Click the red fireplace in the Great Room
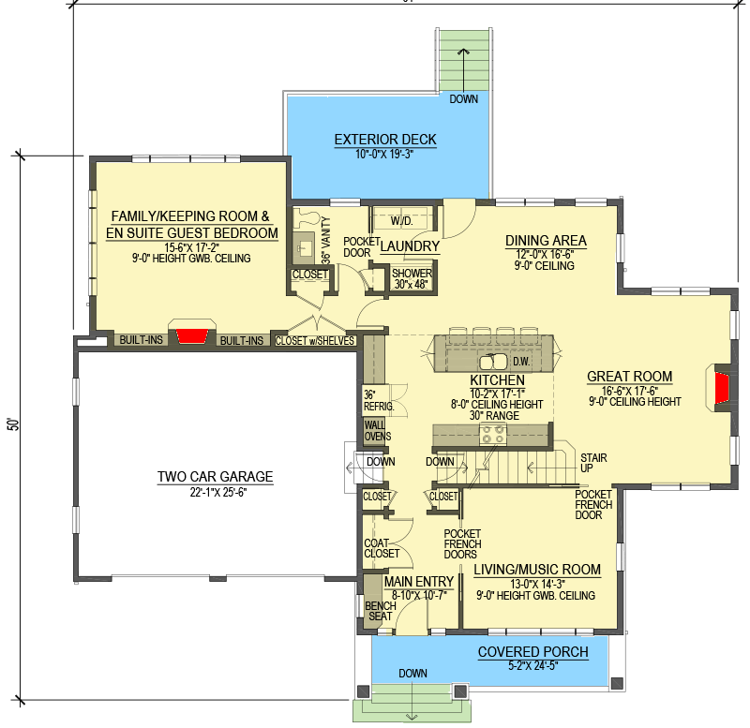point(722,388)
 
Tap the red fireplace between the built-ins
point(192,335)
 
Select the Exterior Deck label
point(385,140)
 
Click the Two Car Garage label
point(216,477)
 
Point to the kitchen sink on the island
point(493,362)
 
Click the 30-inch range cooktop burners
point(493,434)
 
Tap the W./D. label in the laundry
point(402,221)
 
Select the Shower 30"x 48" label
point(412,278)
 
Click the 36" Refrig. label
point(379,401)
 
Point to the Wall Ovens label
point(378,431)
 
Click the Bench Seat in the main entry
point(381,611)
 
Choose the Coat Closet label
point(382,548)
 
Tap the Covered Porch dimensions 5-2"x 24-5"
point(533,665)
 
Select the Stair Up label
point(593,463)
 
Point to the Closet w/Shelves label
point(315,341)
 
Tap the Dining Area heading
point(546,241)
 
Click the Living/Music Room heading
point(537,570)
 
